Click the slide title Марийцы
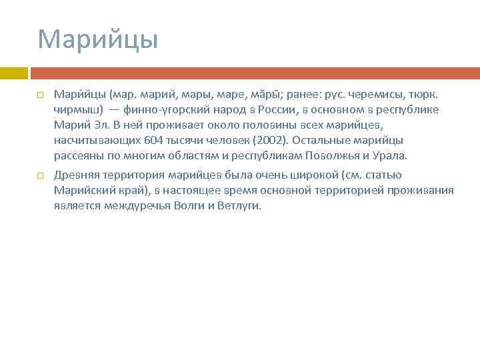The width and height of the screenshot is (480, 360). (x=98, y=39)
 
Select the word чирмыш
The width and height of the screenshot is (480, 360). (x=76, y=109)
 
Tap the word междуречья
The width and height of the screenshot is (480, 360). (x=135, y=206)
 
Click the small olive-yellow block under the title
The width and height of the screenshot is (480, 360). (x=13, y=73)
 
